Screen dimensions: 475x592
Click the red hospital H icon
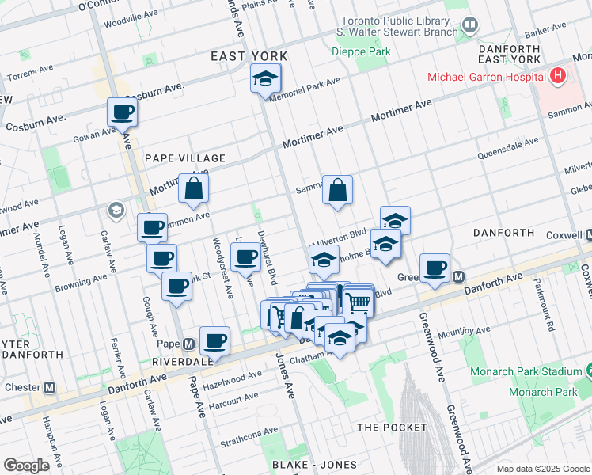coord(559,77)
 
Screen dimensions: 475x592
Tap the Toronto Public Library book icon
coord(470,25)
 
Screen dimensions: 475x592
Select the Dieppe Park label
coord(361,51)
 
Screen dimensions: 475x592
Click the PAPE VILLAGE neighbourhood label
coord(185,158)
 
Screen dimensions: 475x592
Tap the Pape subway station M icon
coord(188,344)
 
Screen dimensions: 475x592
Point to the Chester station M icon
coord(49,388)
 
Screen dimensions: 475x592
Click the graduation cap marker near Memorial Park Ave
coord(265,78)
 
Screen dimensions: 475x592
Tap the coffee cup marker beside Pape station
coord(214,341)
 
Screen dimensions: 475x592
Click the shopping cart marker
coord(359,301)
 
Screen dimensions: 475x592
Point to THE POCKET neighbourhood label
coord(392,427)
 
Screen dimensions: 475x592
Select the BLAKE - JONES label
coord(314,464)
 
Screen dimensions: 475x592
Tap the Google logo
coord(26,465)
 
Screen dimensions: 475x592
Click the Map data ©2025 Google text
coord(542,469)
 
